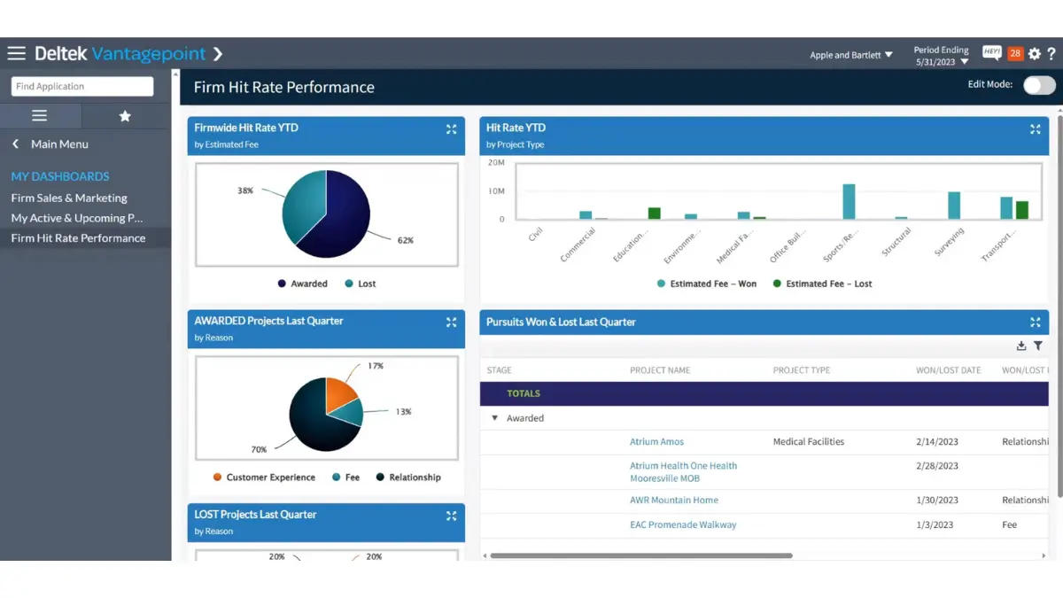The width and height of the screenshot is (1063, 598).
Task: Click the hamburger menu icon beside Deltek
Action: click(x=16, y=54)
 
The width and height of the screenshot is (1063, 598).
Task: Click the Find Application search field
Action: click(x=81, y=86)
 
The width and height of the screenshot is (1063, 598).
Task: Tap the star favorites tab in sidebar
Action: click(x=125, y=116)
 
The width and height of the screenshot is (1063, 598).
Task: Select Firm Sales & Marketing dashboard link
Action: click(x=69, y=198)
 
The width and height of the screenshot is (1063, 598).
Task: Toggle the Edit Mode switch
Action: click(x=1039, y=85)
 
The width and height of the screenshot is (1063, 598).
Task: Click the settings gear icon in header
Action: click(x=1035, y=54)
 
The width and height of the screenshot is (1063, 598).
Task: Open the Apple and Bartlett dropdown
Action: click(x=851, y=55)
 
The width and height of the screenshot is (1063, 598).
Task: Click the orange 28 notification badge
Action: click(x=1015, y=54)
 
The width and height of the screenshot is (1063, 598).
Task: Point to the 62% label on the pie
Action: click(x=405, y=240)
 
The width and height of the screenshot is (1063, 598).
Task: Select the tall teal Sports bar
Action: click(x=849, y=201)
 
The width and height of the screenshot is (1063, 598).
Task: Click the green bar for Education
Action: click(x=654, y=213)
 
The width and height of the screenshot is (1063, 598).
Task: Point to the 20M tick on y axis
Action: click(x=496, y=163)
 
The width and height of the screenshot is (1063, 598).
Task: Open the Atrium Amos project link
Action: click(x=656, y=441)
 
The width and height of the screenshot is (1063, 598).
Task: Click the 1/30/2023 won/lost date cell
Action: click(x=937, y=500)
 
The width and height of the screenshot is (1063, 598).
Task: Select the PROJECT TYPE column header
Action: click(x=801, y=370)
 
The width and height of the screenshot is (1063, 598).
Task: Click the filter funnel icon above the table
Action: click(x=1038, y=346)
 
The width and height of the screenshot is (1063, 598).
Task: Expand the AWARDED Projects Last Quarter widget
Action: click(x=451, y=322)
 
